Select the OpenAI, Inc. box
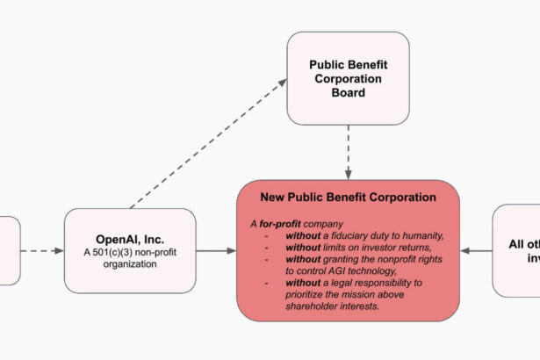coord(129,250)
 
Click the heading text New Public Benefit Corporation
coord(348,198)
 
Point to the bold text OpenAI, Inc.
coord(129,239)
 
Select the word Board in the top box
coord(349,92)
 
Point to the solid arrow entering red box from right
coord(476,251)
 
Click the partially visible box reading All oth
coord(517,250)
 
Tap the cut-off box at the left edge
coord(8,250)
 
